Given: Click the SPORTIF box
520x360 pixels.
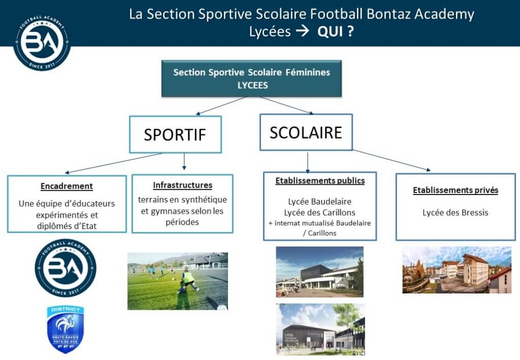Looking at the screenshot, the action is [x=175, y=134].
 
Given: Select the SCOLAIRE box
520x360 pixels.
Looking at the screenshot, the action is [x=306, y=132].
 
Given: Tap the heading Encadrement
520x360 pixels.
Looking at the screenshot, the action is [x=67, y=186].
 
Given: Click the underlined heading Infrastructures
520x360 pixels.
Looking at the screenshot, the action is [x=182, y=185].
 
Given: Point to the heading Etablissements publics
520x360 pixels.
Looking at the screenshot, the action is [x=320, y=181].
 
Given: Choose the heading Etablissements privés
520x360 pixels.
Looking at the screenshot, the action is [x=456, y=190].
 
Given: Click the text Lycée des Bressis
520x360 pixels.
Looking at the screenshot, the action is [x=456, y=212].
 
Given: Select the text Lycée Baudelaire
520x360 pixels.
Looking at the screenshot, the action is [x=320, y=202].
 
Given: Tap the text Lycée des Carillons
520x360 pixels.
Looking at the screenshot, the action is [x=320, y=212].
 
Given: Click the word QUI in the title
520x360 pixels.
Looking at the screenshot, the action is [x=330, y=32].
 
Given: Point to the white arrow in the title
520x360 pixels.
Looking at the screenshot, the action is [x=303, y=31].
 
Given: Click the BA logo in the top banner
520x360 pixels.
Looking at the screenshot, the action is [x=42, y=42].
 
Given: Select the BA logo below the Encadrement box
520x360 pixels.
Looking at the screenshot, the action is [x=66, y=268].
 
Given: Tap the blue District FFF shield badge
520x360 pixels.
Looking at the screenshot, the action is [x=66, y=329].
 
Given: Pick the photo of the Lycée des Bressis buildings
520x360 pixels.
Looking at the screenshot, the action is [x=457, y=270].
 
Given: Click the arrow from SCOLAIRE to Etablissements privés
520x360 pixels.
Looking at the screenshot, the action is [x=392, y=160].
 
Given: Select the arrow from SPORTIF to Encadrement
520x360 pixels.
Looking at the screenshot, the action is [x=113, y=163].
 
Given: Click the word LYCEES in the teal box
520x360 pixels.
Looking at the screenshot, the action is [x=253, y=85].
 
